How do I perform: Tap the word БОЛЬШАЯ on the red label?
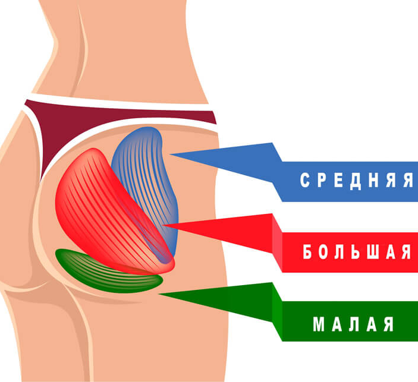(357, 252)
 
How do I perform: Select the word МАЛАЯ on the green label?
(353, 324)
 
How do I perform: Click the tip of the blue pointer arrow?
(172, 155)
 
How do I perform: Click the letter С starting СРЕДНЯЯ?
(304, 181)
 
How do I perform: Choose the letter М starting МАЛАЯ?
(318, 324)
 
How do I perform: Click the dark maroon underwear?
(71, 122)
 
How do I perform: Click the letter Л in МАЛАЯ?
(353, 324)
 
